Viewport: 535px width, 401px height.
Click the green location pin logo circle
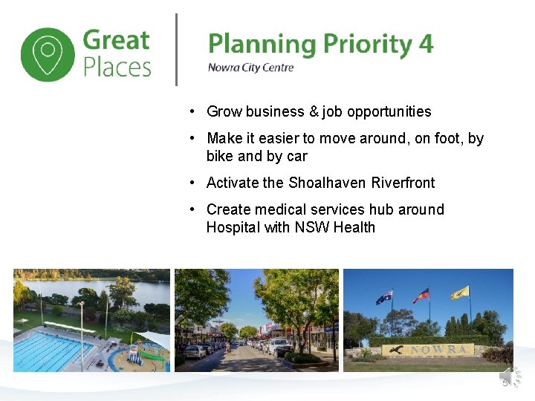(x=48, y=54)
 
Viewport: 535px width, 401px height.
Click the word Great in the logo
(x=117, y=40)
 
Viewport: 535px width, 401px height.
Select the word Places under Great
(x=117, y=68)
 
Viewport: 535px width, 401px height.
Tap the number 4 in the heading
(x=426, y=44)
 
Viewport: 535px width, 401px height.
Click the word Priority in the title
(x=363, y=45)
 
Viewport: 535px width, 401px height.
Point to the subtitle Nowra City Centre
(x=250, y=68)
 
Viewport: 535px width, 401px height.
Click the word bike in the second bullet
(x=220, y=156)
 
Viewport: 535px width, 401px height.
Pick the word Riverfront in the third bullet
(x=403, y=183)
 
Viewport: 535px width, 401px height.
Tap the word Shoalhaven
(x=328, y=183)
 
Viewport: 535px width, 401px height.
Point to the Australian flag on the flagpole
(x=384, y=297)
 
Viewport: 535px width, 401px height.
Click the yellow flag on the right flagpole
(x=460, y=292)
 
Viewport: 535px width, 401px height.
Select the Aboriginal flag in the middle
(x=421, y=295)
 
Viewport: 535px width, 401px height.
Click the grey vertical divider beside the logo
(x=176, y=50)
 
